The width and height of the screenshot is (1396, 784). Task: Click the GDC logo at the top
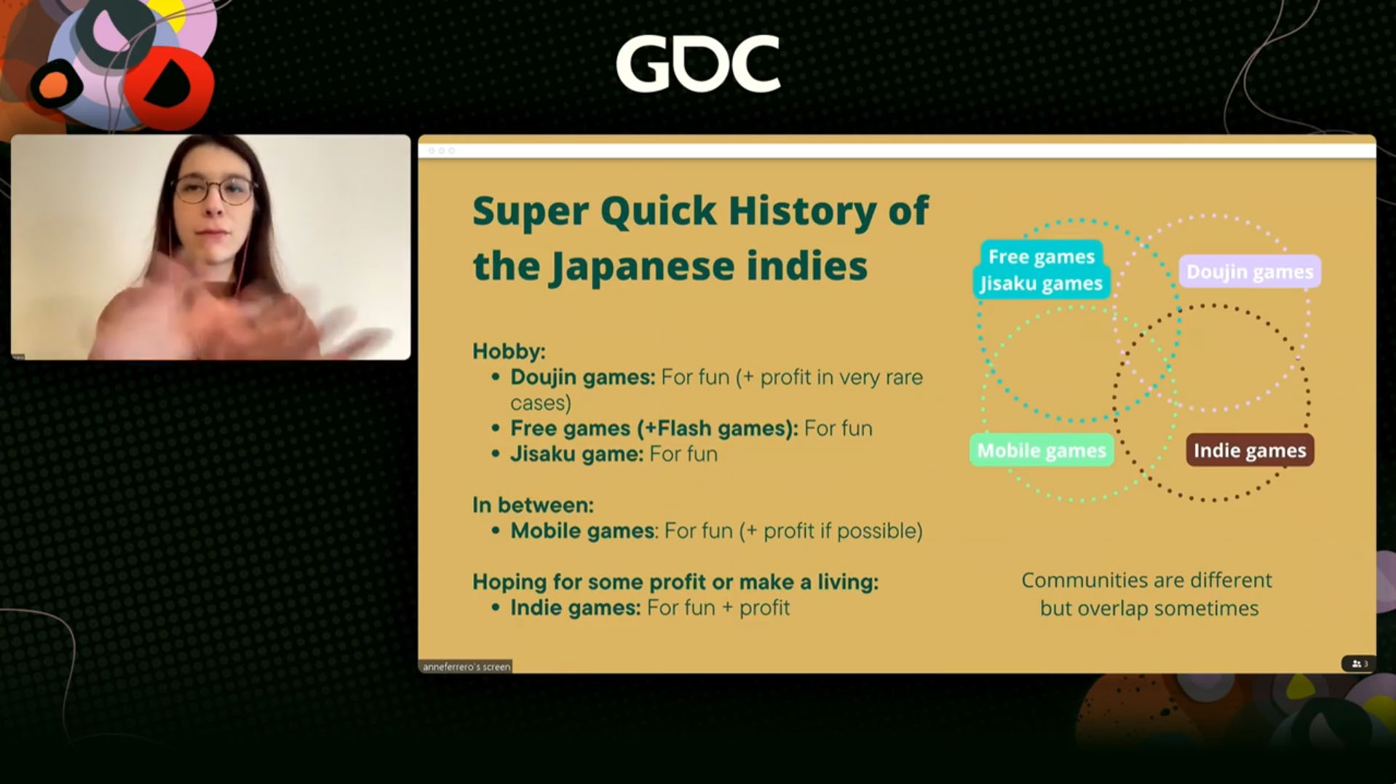coord(698,64)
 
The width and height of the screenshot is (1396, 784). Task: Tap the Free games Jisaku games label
coord(1041,270)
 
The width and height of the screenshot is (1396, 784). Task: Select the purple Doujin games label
coord(1249,272)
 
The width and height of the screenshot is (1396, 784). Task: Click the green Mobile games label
coord(1041,451)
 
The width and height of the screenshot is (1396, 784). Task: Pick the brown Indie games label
coord(1250,451)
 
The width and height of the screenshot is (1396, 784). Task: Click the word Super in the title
coord(530,212)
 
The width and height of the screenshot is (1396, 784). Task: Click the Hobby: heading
coord(509,352)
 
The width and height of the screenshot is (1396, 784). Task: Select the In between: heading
coord(533,505)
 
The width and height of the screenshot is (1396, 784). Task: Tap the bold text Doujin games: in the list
coord(582,378)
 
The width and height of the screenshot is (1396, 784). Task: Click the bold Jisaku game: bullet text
coord(576,454)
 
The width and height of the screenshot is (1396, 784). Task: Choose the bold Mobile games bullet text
coord(582,531)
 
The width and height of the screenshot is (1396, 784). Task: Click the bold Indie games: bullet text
coord(575,608)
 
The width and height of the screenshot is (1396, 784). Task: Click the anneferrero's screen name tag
coord(466,666)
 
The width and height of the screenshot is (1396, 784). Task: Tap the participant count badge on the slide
coord(1358,664)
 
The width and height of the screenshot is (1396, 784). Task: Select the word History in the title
coord(801,212)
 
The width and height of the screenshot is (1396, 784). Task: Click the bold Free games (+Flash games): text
coord(654,429)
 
